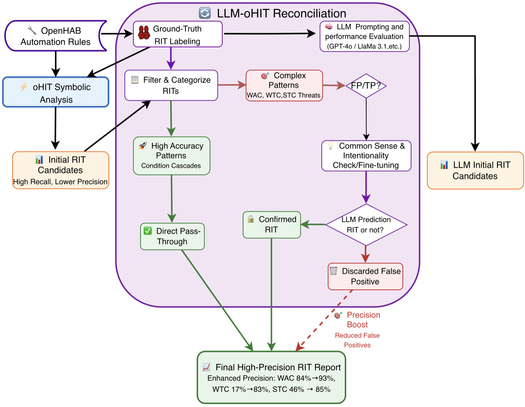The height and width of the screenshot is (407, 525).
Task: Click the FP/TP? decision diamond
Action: [366, 86]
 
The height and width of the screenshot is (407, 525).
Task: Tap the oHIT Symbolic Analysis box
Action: [56, 93]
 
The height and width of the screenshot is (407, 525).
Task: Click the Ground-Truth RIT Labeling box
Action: [177, 35]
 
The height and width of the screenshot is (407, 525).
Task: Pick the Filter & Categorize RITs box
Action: [171, 85]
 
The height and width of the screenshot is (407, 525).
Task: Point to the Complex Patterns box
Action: [284, 85]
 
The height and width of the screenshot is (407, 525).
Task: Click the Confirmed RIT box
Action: [272, 224]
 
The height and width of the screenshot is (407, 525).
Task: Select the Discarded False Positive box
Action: [365, 277]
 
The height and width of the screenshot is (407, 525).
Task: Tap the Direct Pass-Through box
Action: [172, 236]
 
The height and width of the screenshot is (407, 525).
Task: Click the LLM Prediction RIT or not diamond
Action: [366, 225]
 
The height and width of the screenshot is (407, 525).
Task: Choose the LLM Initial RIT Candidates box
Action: [475, 171]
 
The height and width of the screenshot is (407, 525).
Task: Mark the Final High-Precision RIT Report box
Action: [272, 377]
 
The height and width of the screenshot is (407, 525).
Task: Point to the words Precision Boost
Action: [363, 320]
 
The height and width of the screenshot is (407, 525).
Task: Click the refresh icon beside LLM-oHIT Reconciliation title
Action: [205, 13]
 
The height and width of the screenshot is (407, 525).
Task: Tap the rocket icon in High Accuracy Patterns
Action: [143, 146]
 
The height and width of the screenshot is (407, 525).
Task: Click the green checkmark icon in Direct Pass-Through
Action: [148, 231]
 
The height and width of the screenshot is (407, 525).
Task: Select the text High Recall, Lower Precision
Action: [60, 182]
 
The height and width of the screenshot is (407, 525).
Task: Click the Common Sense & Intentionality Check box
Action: [366, 156]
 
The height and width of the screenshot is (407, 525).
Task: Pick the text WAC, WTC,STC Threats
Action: [284, 95]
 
